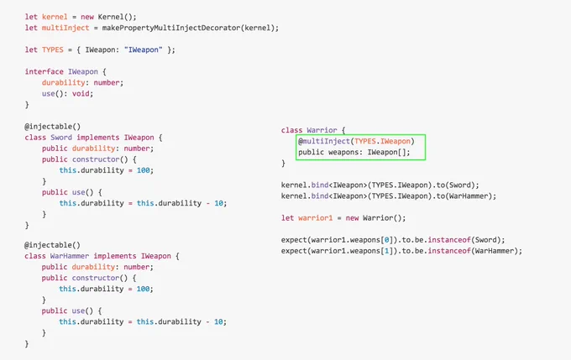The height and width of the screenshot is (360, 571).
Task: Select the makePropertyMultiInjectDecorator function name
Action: [170, 28]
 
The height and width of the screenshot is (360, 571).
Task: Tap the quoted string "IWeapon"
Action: [143, 50]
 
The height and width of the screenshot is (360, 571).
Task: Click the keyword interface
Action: [44, 71]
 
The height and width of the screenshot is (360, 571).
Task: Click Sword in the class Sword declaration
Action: [61, 138]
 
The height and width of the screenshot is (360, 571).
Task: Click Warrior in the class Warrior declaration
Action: [322, 130]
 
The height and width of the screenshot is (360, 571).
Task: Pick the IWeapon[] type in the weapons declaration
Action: [388, 152]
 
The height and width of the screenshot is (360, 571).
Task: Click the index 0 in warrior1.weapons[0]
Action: [386, 240]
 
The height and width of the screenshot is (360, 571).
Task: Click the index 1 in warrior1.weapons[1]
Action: [386, 251]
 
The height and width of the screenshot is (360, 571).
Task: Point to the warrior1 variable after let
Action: [316, 218]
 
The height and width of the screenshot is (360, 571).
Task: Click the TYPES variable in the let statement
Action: [52, 50]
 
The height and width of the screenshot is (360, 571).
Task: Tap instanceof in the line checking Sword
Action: [449, 240]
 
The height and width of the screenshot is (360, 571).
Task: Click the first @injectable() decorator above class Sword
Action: [52, 127]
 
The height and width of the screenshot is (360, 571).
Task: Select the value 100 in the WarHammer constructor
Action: [143, 289]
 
